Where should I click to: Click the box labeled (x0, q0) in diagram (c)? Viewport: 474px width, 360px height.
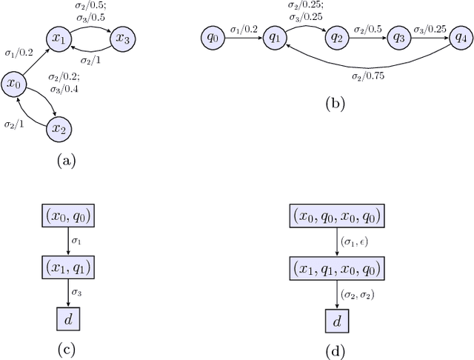click(68, 218)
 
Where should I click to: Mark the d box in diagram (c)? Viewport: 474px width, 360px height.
click(68, 320)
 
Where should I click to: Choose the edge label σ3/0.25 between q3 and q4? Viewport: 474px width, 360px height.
click(430, 28)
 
